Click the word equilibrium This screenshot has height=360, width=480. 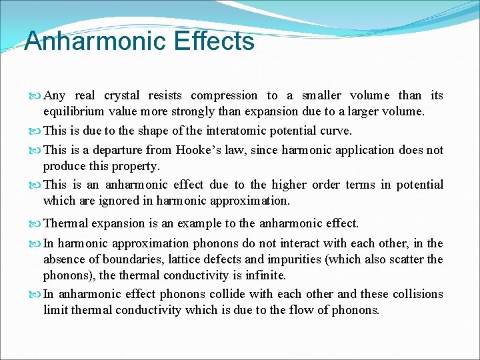74,111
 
